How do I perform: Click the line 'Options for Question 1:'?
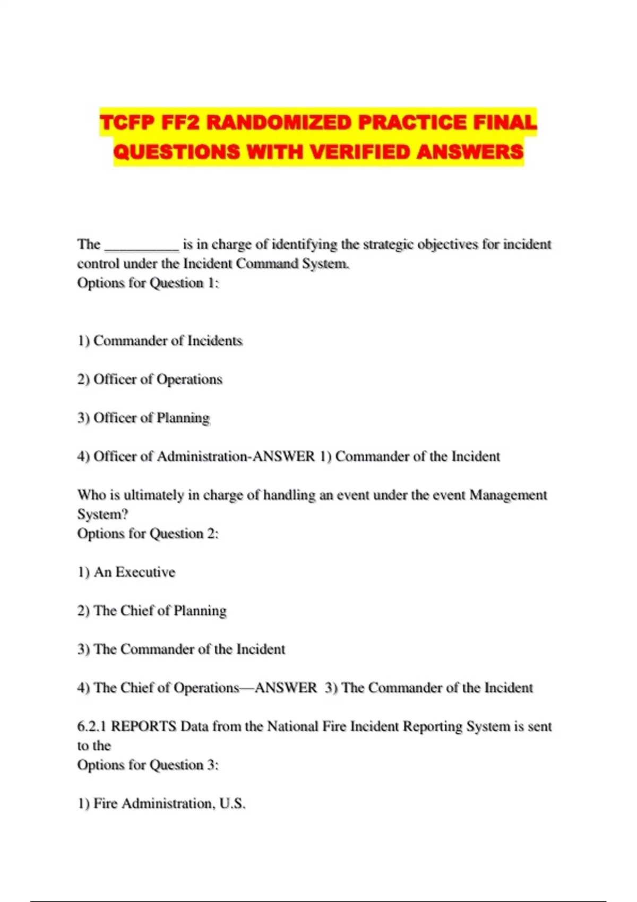[x=148, y=283]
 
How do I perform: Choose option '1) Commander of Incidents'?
[x=160, y=341]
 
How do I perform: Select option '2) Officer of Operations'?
[x=150, y=379]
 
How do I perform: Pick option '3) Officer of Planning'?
[x=143, y=418]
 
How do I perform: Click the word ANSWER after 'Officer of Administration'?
[x=284, y=456]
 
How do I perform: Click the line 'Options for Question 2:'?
[x=148, y=533]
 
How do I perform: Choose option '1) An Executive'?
[x=126, y=572]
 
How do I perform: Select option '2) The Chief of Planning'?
[x=152, y=611]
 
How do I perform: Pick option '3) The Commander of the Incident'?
[x=181, y=649]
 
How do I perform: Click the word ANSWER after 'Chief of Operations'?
[x=286, y=688]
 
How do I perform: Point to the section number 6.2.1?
[x=92, y=726]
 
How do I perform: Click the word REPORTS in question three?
[x=143, y=726]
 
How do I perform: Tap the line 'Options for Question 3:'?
[x=148, y=765]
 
